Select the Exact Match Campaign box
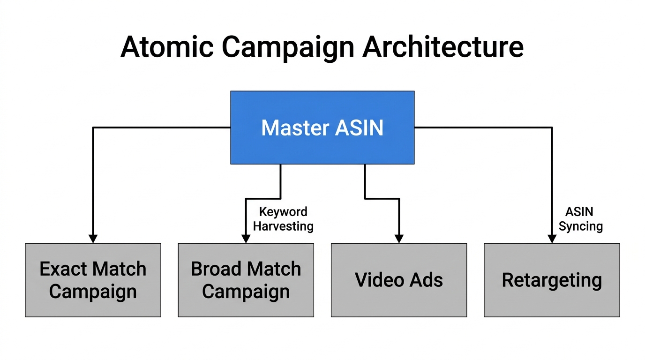[93, 280]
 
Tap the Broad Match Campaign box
[246, 280]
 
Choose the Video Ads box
[398, 280]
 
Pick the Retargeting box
[552, 280]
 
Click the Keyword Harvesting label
[283, 219]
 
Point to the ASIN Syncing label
[580, 219]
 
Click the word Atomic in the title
[167, 47]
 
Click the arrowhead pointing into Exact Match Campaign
[93, 238]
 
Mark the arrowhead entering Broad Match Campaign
[246, 238]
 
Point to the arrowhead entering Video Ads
[398, 238]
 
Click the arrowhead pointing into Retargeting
[552, 238]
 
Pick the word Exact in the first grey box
[64, 269]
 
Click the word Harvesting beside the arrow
[283, 226]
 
